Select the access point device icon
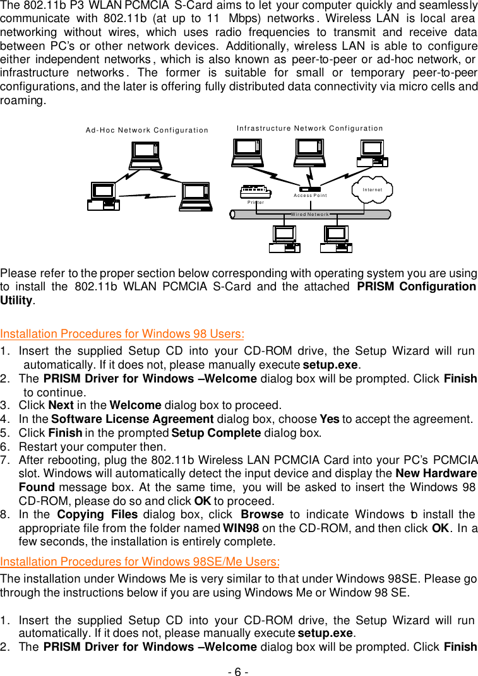click(309, 189)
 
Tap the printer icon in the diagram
click(256, 191)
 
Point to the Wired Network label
click(309, 215)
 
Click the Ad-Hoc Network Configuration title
click(147, 131)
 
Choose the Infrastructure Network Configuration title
click(309, 128)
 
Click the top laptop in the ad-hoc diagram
click(145, 155)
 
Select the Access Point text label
click(310, 196)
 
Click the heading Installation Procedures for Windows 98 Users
click(122, 334)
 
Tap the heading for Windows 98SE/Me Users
click(140, 562)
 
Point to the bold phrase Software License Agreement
click(133, 419)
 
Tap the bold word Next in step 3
click(61, 405)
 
